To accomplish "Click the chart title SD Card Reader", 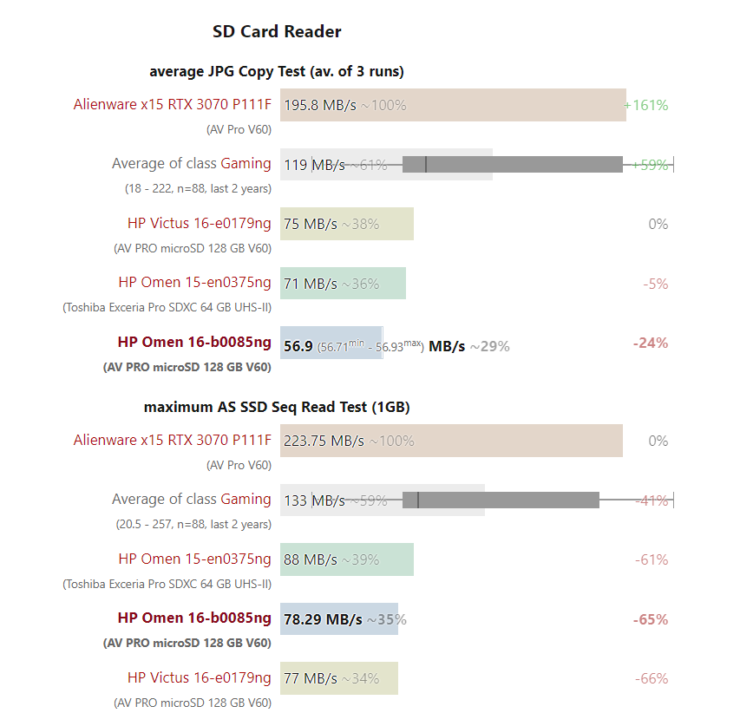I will [x=277, y=32].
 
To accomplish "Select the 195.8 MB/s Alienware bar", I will [x=452, y=105].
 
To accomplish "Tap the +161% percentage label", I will [x=646, y=105].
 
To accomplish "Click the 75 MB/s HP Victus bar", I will [x=346, y=224].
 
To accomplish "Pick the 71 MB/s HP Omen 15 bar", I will [x=343, y=284].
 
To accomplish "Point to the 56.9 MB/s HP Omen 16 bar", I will [x=331, y=343].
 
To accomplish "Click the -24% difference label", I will [x=651, y=343].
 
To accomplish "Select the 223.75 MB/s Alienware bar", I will [x=450, y=441].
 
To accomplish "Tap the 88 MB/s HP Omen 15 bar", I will [x=346, y=559].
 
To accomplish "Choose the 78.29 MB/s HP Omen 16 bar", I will [x=338, y=619].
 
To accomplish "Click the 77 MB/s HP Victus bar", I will [x=338, y=678].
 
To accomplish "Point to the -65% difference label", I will [x=651, y=619].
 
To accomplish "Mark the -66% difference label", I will [x=652, y=678].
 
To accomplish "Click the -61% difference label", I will [x=652, y=559].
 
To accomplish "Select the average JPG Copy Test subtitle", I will [x=277, y=71].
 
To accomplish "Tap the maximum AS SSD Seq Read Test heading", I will [x=277, y=407].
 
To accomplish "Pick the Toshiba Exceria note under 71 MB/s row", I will [x=167, y=306].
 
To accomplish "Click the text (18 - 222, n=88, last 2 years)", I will [x=198, y=188].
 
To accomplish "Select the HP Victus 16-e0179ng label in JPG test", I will [x=199, y=224].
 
